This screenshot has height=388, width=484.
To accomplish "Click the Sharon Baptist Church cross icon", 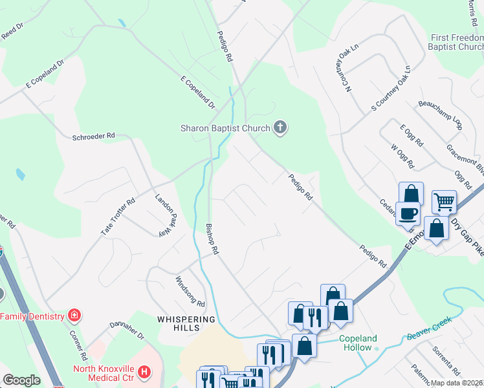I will pyautogui.click(x=280, y=127).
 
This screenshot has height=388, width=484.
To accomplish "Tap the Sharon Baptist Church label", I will pyautogui.click(x=225, y=128).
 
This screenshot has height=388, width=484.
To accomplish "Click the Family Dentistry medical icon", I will pyautogui.click(x=75, y=316).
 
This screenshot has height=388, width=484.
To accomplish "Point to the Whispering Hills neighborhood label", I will pyautogui.click(x=186, y=324).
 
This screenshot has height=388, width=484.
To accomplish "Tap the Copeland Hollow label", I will pyautogui.click(x=357, y=343).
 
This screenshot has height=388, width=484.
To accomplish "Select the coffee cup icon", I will pyautogui.click(x=408, y=213).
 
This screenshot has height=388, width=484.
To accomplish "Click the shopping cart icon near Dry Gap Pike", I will pyautogui.click(x=444, y=202).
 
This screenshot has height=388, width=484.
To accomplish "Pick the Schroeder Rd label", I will pyautogui.click(x=93, y=136).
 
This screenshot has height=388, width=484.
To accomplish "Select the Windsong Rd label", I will pyautogui.click(x=190, y=291).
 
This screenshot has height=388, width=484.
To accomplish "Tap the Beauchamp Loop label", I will pyautogui.click(x=440, y=114).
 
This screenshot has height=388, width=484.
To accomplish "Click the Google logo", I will pyautogui.click(x=21, y=380).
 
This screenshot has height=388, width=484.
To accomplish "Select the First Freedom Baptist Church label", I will pyautogui.click(x=457, y=42).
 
